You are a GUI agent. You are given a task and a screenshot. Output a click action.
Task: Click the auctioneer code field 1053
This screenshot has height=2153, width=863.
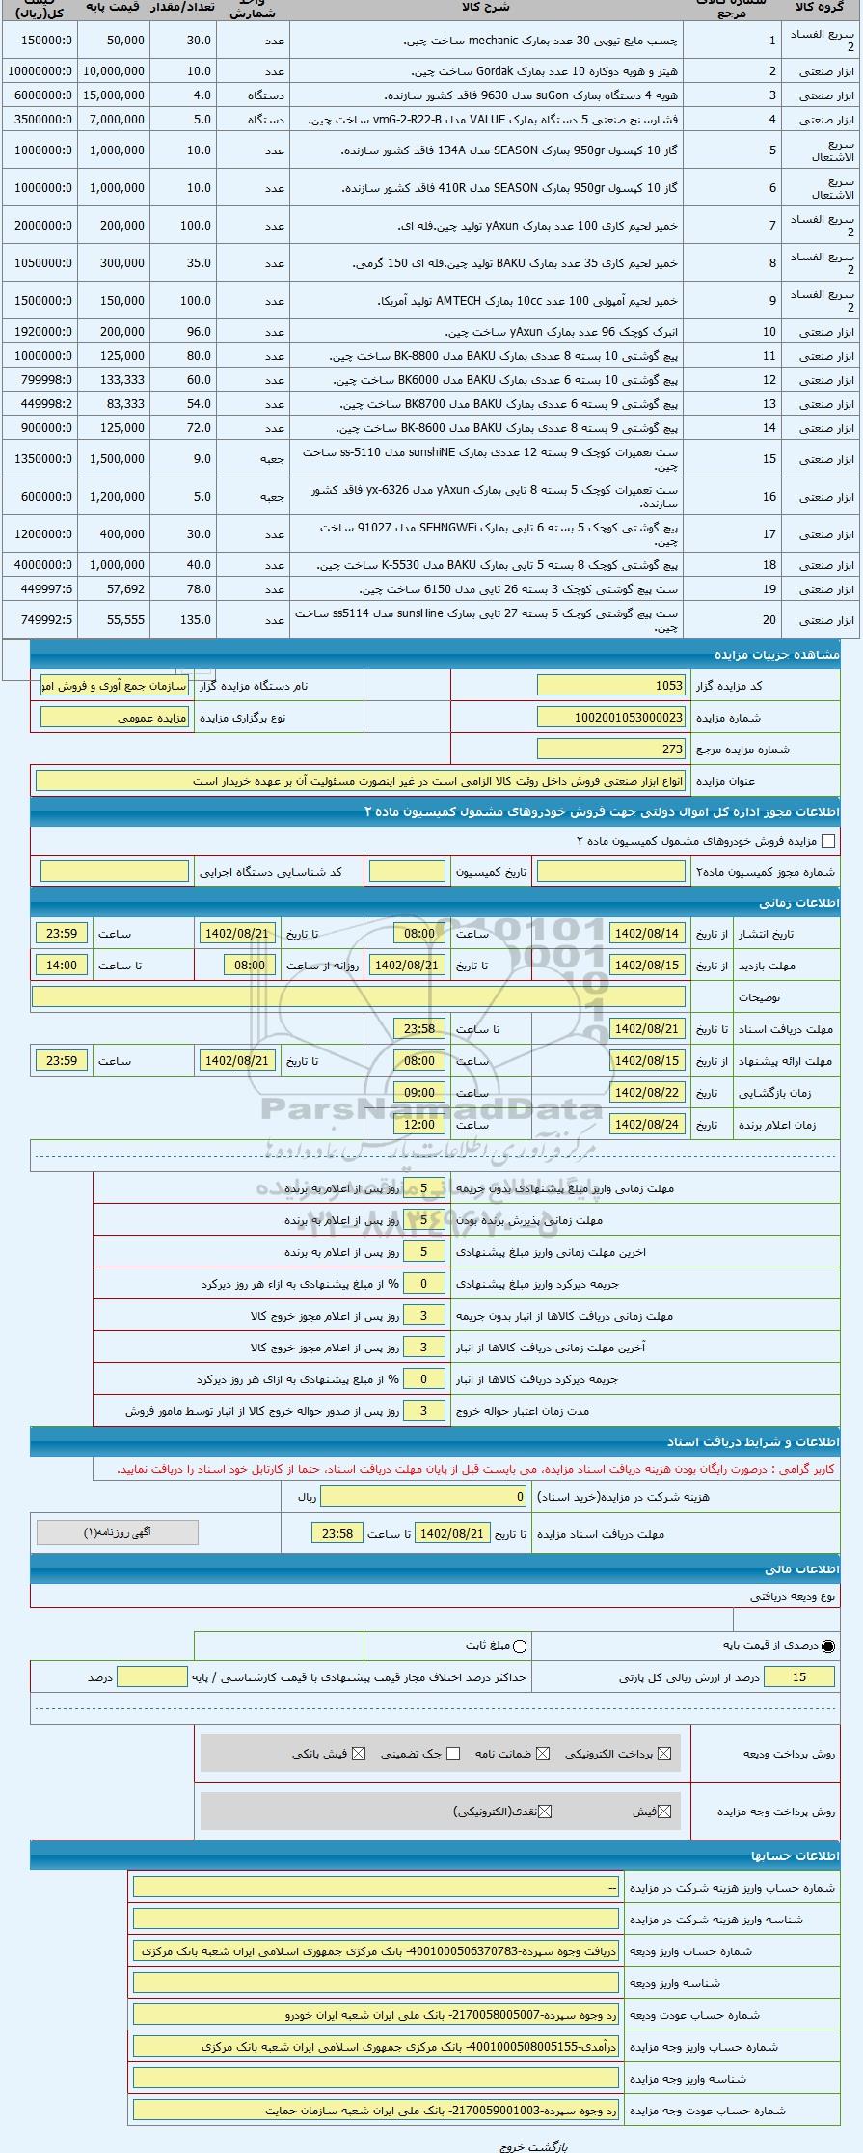(611, 685)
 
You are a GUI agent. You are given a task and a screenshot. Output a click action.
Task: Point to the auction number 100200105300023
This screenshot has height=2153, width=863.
(611, 718)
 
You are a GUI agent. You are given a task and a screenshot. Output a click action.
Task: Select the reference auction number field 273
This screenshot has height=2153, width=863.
(611, 749)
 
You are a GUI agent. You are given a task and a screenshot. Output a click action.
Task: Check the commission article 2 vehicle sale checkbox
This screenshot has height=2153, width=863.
(827, 841)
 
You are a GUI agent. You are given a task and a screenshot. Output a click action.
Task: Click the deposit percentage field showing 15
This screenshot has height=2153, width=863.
(798, 1677)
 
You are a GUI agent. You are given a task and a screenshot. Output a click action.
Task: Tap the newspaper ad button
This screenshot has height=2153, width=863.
(117, 1532)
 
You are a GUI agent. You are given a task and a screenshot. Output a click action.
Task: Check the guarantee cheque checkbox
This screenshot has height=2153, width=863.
(453, 1754)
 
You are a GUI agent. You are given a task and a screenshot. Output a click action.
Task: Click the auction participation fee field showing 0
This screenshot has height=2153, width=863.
(424, 1496)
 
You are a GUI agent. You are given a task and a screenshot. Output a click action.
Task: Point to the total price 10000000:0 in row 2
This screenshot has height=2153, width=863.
(40, 71)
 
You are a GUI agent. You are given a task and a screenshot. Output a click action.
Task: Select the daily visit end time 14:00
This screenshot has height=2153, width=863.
(62, 965)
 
